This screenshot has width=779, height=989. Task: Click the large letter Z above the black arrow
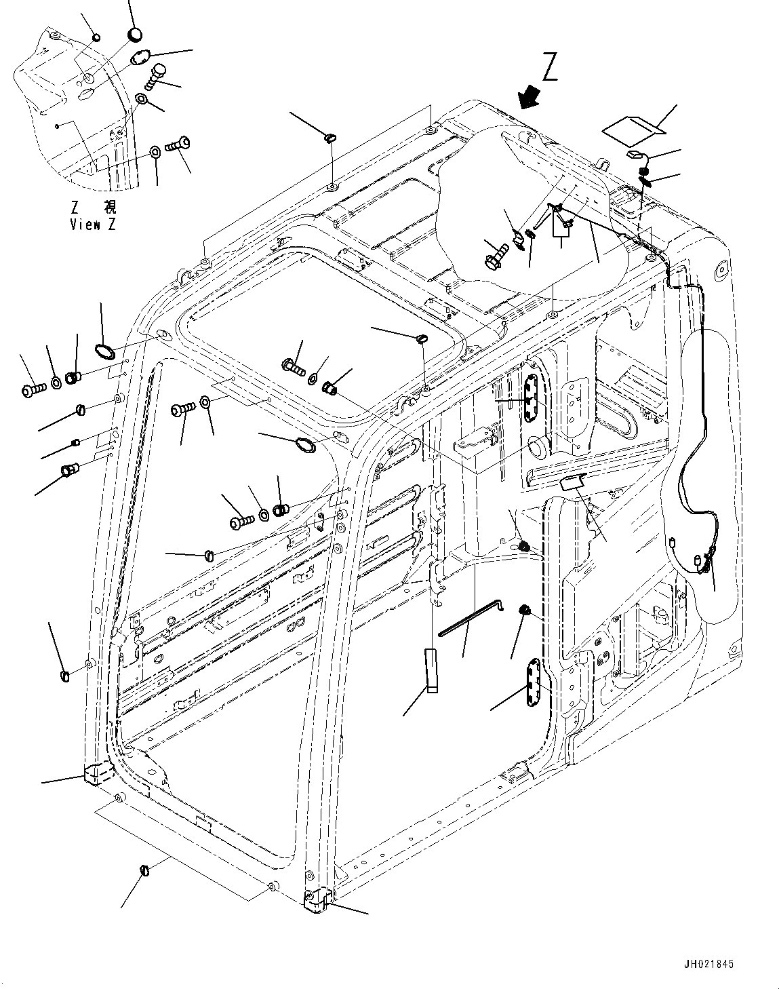coord(550,68)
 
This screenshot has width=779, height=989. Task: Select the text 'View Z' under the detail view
coord(92,225)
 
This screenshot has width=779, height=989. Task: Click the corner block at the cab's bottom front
coord(316,900)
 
